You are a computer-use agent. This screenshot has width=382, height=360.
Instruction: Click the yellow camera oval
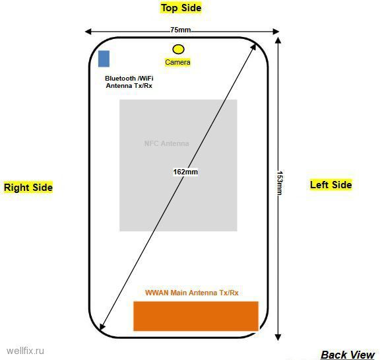coord(178,49)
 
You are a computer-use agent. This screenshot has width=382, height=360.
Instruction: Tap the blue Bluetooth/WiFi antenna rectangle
coord(104,59)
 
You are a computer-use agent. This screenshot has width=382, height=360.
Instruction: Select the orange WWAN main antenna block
coord(196,316)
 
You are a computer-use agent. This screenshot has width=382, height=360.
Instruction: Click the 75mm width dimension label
coord(181,30)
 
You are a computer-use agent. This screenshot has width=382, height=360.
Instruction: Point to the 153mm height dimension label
coord(280,183)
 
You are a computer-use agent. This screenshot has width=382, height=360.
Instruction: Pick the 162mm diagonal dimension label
coord(185,172)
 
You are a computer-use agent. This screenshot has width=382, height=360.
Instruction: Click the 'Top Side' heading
coord(181,8)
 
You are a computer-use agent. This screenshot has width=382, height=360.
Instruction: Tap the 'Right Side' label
coord(28,188)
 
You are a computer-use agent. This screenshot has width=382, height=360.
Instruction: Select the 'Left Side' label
coord(331,185)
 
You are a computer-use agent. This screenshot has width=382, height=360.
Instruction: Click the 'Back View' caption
coord(348,355)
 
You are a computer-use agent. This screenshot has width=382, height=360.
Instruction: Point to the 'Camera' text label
coord(177,62)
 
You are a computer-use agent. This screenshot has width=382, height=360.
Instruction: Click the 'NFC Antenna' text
coord(166,143)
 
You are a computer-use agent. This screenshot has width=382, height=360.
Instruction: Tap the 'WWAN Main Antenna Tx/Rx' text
coord(192,293)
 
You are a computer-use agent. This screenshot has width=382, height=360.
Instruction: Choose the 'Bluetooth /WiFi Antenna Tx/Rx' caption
coord(129,82)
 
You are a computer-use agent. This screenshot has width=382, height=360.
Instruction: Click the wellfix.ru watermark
coord(25,351)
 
